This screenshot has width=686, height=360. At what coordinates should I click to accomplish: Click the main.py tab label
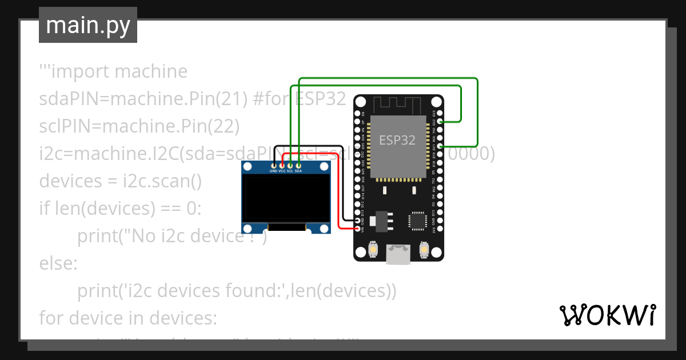pyautogui.click(x=87, y=25)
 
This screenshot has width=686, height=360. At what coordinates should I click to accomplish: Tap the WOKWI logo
pyautogui.click(x=607, y=315)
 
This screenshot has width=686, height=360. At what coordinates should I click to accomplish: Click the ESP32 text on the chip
pyautogui.click(x=397, y=140)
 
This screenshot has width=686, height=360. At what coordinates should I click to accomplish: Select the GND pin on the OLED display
pyautogui.click(x=273, y=165)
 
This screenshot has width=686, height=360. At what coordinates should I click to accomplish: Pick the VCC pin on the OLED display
pyautogui.click(x=282, y=165)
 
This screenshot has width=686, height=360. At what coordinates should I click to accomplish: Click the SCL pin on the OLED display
pyautogui.click(x=290, y=165)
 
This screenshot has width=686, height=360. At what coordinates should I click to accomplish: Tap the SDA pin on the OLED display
pyautogui.click(x=298, y=165)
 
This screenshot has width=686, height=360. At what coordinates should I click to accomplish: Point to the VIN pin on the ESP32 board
pyautogui.click(x=358, y=229)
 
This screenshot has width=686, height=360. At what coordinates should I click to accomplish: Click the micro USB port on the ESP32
pyautogui.click(x=398, y=254)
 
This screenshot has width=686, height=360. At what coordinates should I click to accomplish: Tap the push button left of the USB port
pyautogui.click(x=373, y=250)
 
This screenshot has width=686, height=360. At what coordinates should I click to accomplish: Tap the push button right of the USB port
pyautogui.click(x=424, y=250)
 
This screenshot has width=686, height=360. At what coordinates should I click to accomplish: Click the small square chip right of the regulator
pyautogui.click(x=417, y=221)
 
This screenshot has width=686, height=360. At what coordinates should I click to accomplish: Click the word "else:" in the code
pyautogui.click(x=57, y=264)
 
